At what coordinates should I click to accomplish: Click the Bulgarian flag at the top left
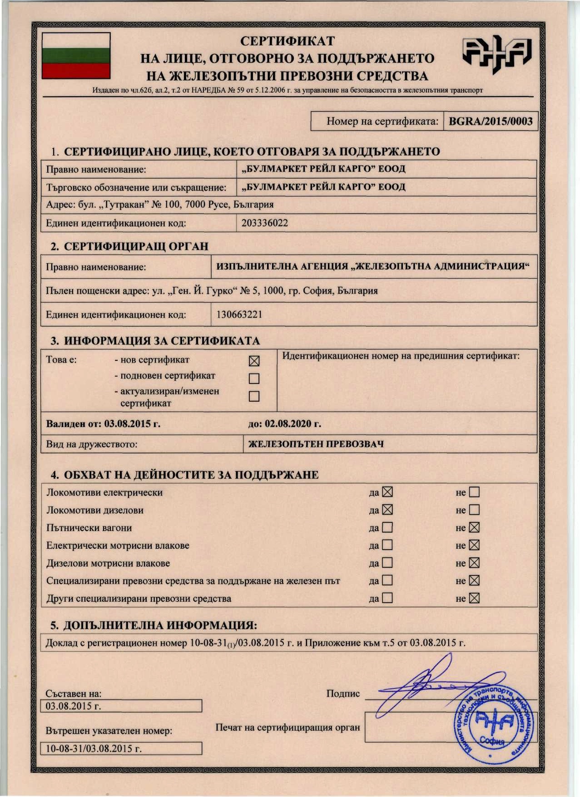click(x=76, y=56)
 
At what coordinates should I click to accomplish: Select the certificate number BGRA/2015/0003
click(x=491, y=121)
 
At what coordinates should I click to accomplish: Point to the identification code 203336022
click(x=264, y=223)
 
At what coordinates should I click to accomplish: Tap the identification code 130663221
click(x=239, y=315)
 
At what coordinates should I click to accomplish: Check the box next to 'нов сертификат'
click(x=254, y=361)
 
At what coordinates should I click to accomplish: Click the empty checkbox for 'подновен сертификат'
click(x=254, y=378)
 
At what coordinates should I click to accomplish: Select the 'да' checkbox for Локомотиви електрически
click(x=387, y=492)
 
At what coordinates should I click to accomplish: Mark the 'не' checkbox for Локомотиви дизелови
click(x=474, y=510)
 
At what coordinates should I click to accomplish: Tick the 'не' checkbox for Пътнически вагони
click(x=474, y=527)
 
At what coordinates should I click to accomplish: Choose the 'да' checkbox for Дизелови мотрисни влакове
click(x=387, y=563)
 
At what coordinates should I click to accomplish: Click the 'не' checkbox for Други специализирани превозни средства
click(x=474, y=598)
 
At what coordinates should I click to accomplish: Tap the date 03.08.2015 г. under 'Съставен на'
click(x=74, y=706)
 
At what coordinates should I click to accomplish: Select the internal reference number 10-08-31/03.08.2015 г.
click(x=94, y=748)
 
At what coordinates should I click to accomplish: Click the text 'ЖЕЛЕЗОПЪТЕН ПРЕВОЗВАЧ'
click(x=316, y=444)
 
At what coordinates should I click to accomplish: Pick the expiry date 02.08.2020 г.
click(x=292, y=424)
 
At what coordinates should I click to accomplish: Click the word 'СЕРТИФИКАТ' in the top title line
click(x=287, y=41)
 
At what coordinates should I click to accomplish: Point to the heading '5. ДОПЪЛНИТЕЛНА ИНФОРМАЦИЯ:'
click(x=154, y=625)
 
